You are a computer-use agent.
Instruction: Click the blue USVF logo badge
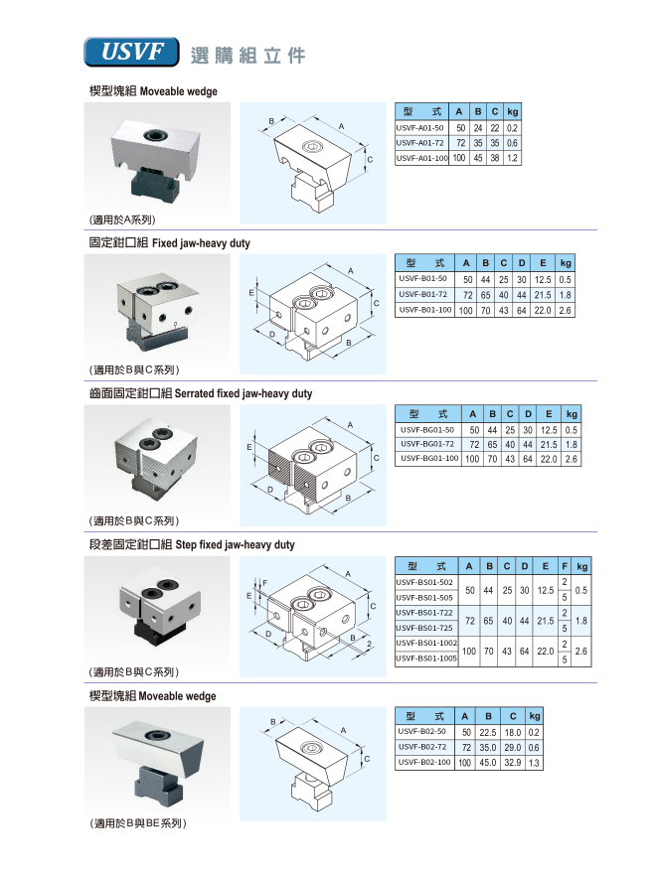(x=132, y=52)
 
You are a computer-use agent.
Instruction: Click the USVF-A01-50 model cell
(x=419, y=128)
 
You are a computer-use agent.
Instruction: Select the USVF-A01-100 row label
(x=422, y=158)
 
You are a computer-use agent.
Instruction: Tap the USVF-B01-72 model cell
(x=422, y=295)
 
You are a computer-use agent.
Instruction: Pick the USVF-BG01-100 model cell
(x=429, y=459)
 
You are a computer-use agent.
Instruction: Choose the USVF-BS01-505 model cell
(x=424, y=598)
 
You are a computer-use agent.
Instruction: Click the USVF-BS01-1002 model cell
(x=426, y=644)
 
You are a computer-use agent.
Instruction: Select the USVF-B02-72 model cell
(x=422, y=748)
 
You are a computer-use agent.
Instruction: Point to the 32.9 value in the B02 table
(x=512, y=763)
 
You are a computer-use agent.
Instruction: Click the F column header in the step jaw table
(x=565, y=566)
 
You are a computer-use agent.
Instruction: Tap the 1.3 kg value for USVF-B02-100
(x=534, y=763)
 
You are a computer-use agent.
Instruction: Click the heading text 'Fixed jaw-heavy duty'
(x=201, y=243)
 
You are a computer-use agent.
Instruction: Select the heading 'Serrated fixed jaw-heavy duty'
(x=244, y=393)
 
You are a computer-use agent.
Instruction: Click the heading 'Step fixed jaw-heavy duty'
(x=235, y=544)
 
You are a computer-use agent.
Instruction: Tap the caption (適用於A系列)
(x=122, y=220)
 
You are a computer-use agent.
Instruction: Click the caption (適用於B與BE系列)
(x=137, y=823)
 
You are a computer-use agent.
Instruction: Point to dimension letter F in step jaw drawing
(x=265, y=583)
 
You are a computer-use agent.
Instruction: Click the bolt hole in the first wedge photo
(x=154, y=135)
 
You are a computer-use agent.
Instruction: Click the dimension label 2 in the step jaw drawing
(x=369, y=644)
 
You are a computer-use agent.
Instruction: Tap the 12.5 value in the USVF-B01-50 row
(x=543, y=279)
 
